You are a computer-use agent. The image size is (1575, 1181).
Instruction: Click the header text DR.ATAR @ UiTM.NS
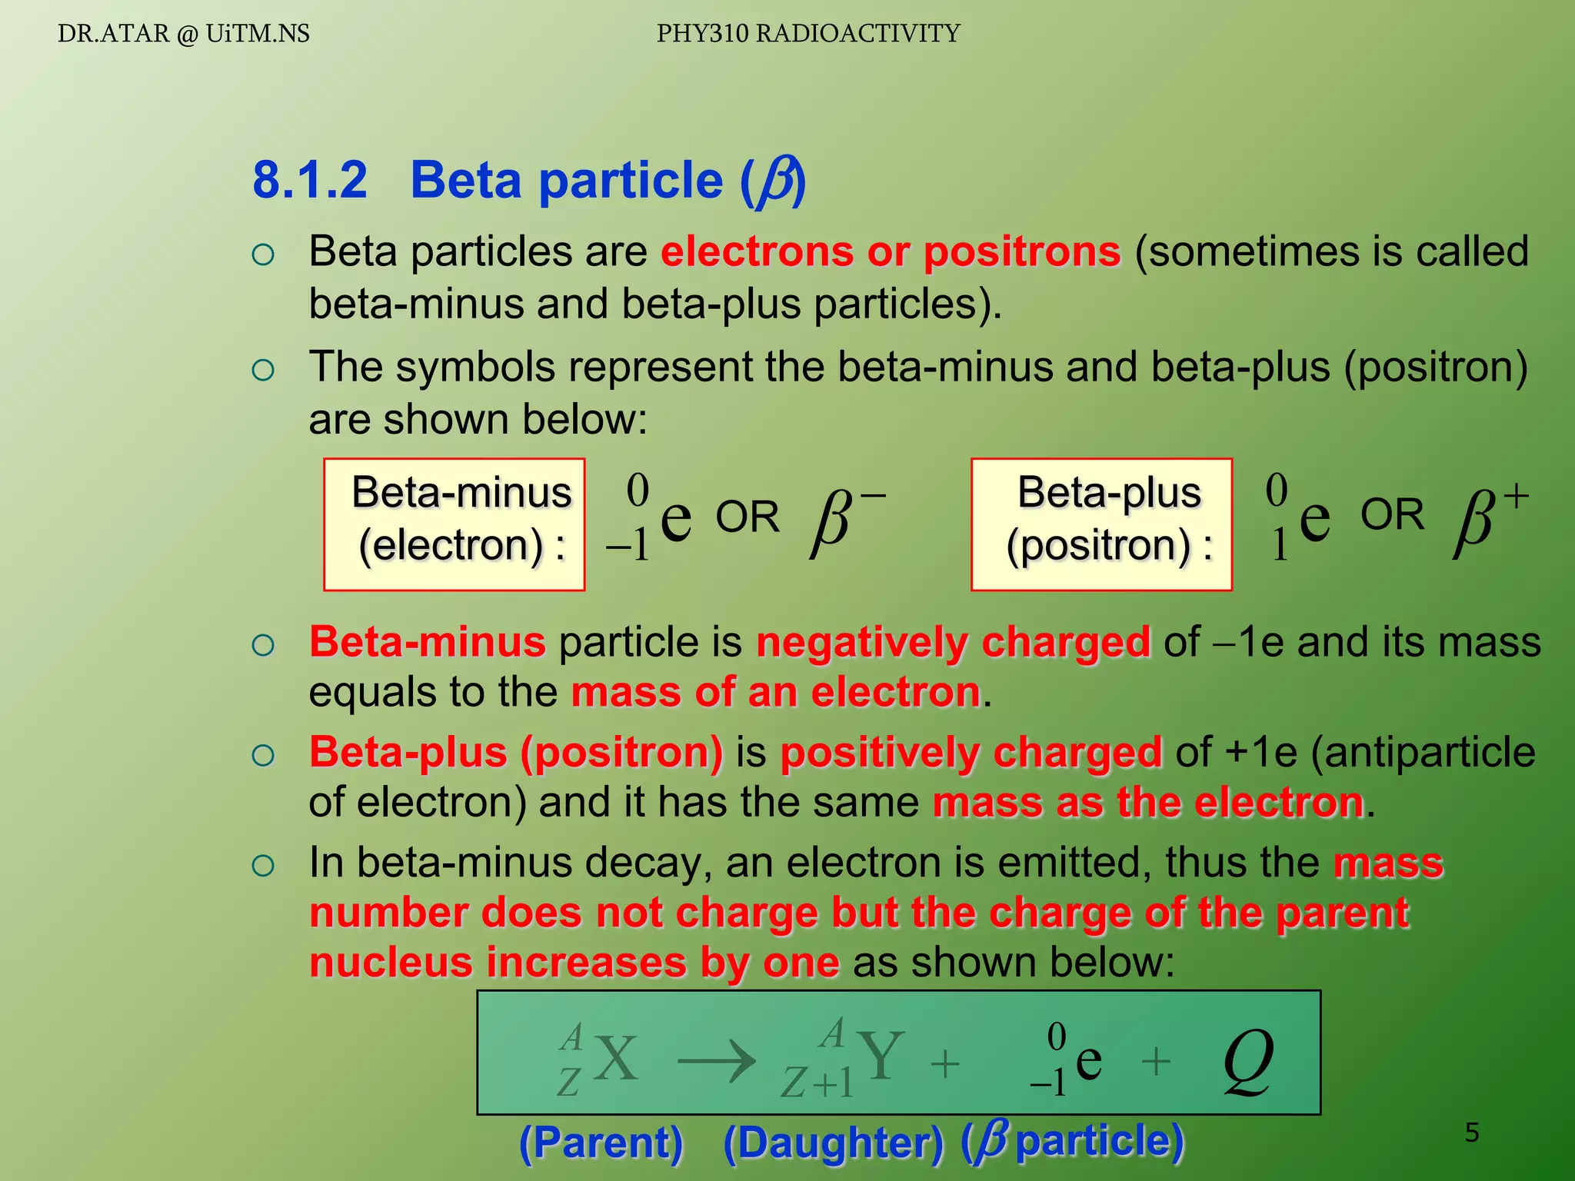pyautogui.click(x=183, y=34)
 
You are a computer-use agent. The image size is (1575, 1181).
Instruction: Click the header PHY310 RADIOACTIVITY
pyautogui.click(x=808, y=34)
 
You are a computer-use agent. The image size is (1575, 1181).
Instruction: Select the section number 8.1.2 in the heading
pyautogui.click(x=310, y=180)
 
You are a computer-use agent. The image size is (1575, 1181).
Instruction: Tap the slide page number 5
pyautogui.click(x=1471, y=1133)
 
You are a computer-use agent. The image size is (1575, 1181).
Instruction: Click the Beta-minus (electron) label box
pyautogui.click(x=455, y=524)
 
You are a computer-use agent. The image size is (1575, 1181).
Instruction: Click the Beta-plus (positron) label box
pyautogui.click(x=1101, y=524)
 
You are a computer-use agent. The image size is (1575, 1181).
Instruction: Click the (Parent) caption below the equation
pyautogui.click(x=601, y=1143)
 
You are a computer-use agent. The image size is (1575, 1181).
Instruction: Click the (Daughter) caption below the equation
pyautogui.click(x=833, y=1143)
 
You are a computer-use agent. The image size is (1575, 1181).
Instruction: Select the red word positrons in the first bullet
pyautogui.click(x=1022, y=251)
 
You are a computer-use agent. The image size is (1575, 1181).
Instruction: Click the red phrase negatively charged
pyautogui.click(x=953, y=642)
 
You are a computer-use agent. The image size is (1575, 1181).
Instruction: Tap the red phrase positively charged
pyautogui.click(x=971, y=752)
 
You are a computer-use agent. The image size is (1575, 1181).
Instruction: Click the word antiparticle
pyautogui.click(x=1423, y=752)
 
